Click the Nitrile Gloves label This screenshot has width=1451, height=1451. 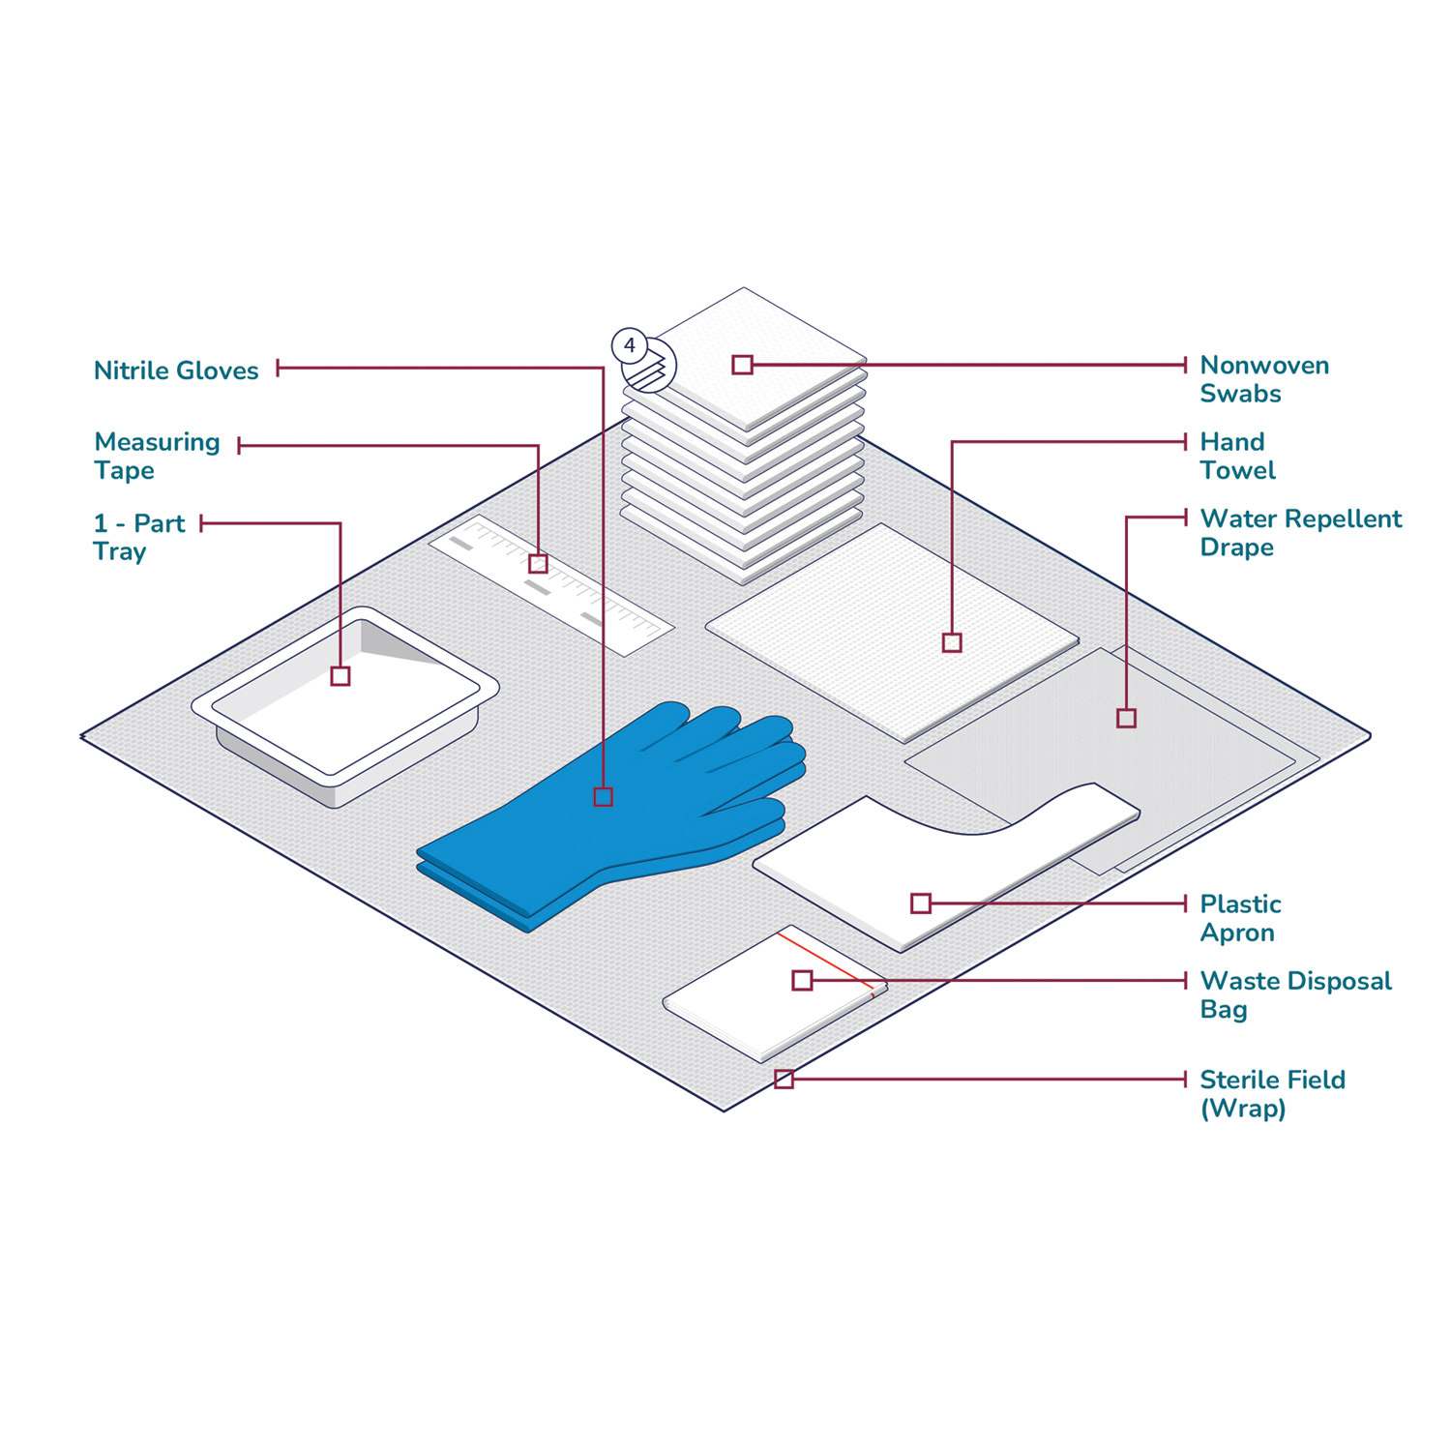click(x=176, y=370)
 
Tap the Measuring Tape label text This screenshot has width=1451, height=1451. click(x=157, y=456)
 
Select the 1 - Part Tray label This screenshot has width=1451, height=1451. click(x=138, y=538)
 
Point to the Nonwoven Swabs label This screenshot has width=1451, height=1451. click(x=1264, y=379)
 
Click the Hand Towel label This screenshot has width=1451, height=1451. click(x=1237, y=456)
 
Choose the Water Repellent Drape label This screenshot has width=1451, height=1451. click(x=1300, y=533)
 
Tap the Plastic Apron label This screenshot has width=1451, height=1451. click(x=1240, y=918)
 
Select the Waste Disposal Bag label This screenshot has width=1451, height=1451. click(x=1295, y=994)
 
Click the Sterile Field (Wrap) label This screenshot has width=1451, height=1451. click(x=1272, y=1093)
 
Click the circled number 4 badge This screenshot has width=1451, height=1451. click(x=630, y=345)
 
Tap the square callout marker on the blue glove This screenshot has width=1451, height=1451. click(x=604, y=797)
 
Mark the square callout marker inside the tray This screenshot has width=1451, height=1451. click(x=341, y=676)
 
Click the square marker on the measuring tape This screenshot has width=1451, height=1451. click(x=539, y=563)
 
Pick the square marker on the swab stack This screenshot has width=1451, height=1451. click(x=742, y=365)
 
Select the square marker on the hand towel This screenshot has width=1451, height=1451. click(x=952, y=642)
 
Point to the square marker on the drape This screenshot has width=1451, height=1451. click(x=1126, y=718)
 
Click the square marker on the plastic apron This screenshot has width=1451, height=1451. click(x=921, y=903)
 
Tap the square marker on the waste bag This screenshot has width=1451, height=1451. click(x=802, y=980)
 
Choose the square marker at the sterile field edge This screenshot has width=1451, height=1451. click(x=784, y=1079)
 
